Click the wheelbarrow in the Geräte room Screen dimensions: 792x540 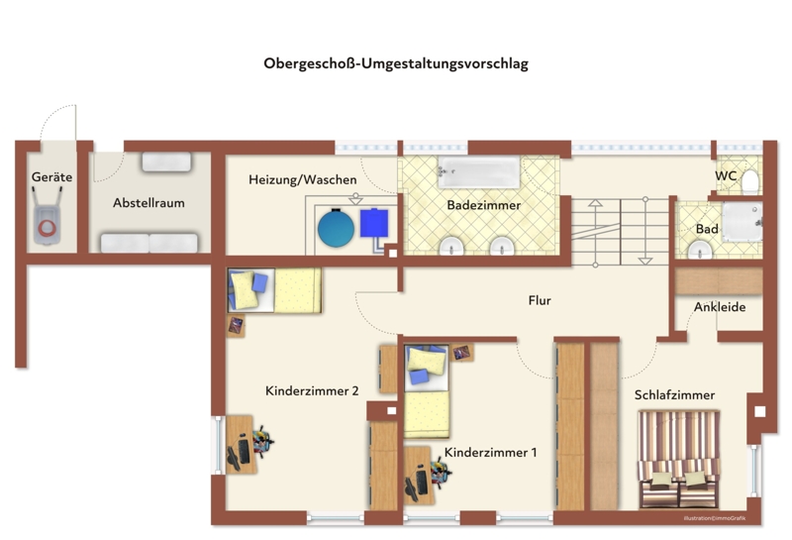coord(48,216)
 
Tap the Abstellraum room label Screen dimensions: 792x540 coord(148,203)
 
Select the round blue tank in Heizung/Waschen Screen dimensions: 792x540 coord(336,229)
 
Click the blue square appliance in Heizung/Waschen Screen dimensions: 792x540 coord(374,223)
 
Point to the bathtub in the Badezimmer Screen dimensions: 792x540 coord(478,172)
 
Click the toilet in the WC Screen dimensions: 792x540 coord(750,182)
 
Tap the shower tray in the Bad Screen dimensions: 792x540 coord(742,222)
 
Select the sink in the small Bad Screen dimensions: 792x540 coord(700,250)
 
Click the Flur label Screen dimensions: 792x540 coord(540,300)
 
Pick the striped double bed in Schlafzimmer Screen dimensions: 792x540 coord(679,459)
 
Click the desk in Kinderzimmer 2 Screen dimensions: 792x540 coord(241,445)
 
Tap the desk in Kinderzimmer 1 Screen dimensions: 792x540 coord(418,476)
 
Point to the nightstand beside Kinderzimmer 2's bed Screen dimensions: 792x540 coord(236,326)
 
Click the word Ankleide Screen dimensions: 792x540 coord(720,307)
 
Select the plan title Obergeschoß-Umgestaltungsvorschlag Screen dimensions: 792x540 coord(396,63)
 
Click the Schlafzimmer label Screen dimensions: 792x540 coord(674,395)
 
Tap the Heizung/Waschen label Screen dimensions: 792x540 coord(303,179)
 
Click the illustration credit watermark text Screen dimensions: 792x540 coord(714,518)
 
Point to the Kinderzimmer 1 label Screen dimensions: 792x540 coord(490,452)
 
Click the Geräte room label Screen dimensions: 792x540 coord(51,177)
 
